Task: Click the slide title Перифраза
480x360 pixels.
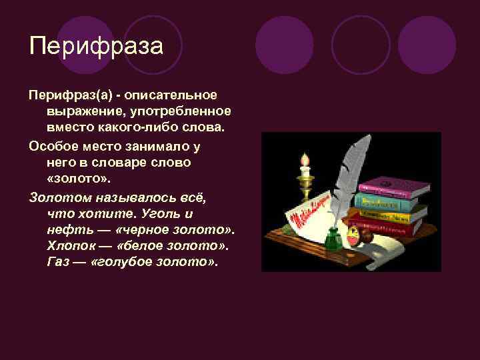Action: coord(96,47)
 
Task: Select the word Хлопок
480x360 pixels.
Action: coord(69,245)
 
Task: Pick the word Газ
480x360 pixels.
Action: coord(59,262)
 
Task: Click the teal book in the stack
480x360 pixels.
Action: coord(390,200)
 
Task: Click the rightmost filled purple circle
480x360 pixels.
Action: coord(427,45)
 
